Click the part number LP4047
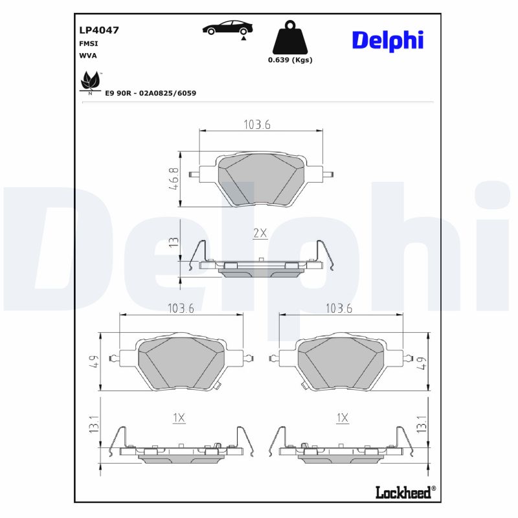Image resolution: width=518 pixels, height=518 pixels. [98, 30]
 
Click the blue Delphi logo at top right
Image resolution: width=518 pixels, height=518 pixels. [387, 39]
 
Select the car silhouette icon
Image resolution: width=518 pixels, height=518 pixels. [227, 28]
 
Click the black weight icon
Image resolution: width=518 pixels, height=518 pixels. [290, 39]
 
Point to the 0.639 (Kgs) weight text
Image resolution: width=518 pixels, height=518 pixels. [290, 60]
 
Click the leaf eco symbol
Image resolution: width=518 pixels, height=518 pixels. [89, 84]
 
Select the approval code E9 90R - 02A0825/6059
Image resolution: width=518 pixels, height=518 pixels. [150, 93]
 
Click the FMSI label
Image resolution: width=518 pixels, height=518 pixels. [88, 43]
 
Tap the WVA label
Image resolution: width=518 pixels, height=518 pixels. [88, 56]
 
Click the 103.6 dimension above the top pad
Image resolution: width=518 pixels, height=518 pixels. [256, 125]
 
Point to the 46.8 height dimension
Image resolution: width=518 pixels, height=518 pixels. [174, 179]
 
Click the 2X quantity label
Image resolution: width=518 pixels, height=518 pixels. [260, 234]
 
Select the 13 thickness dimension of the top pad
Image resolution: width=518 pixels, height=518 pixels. [173, 243]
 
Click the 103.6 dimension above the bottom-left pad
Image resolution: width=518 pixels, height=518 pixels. [181, 309]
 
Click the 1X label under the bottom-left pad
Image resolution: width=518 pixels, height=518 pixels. [179, 418]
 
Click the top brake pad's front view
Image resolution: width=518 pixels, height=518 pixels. [260, 179]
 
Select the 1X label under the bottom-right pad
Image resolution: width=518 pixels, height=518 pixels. [342, 418]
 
